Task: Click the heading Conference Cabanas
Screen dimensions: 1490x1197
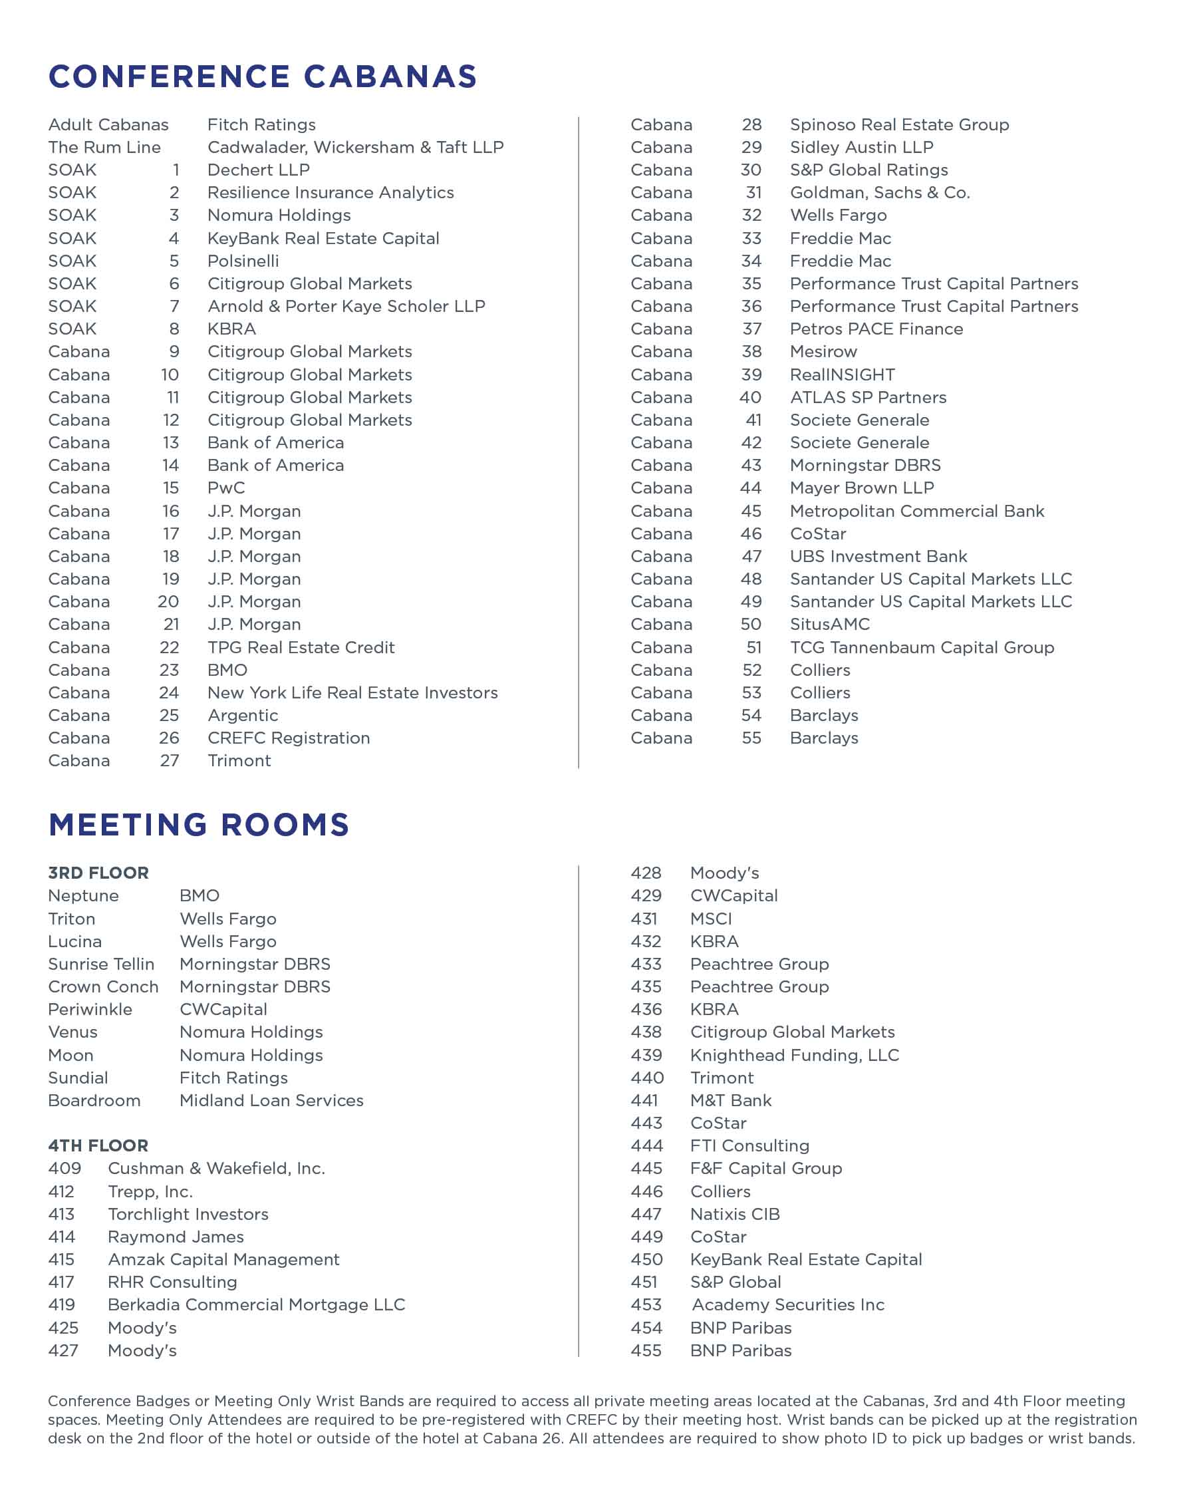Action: (x=263, y=76)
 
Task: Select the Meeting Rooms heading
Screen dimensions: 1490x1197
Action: (x=199, y=824)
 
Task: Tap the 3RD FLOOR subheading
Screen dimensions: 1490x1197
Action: (x=98, y=873)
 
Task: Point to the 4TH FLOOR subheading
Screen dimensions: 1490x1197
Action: (x=98, y=1146)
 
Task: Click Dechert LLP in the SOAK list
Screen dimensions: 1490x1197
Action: (x=259, y=170)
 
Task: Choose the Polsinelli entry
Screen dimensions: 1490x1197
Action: (x=243, y=261)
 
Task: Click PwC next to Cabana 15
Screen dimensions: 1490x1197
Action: (x=226, y=489)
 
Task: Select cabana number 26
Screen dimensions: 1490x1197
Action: (x=170, y=738)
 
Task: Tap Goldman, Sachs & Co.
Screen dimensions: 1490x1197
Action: (x=880, y=193)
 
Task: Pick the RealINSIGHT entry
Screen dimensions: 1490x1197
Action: (x=843, y=375)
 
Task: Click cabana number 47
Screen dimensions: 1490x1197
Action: (x=751, y=557)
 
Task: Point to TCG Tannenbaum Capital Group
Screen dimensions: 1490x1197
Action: (x=922, y=649)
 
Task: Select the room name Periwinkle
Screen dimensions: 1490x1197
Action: (x=90, y=1010)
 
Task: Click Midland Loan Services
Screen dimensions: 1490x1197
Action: (x=271, y=1101)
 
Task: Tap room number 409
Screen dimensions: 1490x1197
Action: (x=65, y=1169)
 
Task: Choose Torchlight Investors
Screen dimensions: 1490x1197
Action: (x=188, y=1214)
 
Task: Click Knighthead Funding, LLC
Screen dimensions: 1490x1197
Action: (x=795, y=1055)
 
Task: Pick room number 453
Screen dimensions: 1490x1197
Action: (x=646, y=1305)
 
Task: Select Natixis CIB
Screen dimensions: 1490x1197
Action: (x=735, y=1214)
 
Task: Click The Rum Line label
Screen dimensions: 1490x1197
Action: (x=104, y=147)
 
